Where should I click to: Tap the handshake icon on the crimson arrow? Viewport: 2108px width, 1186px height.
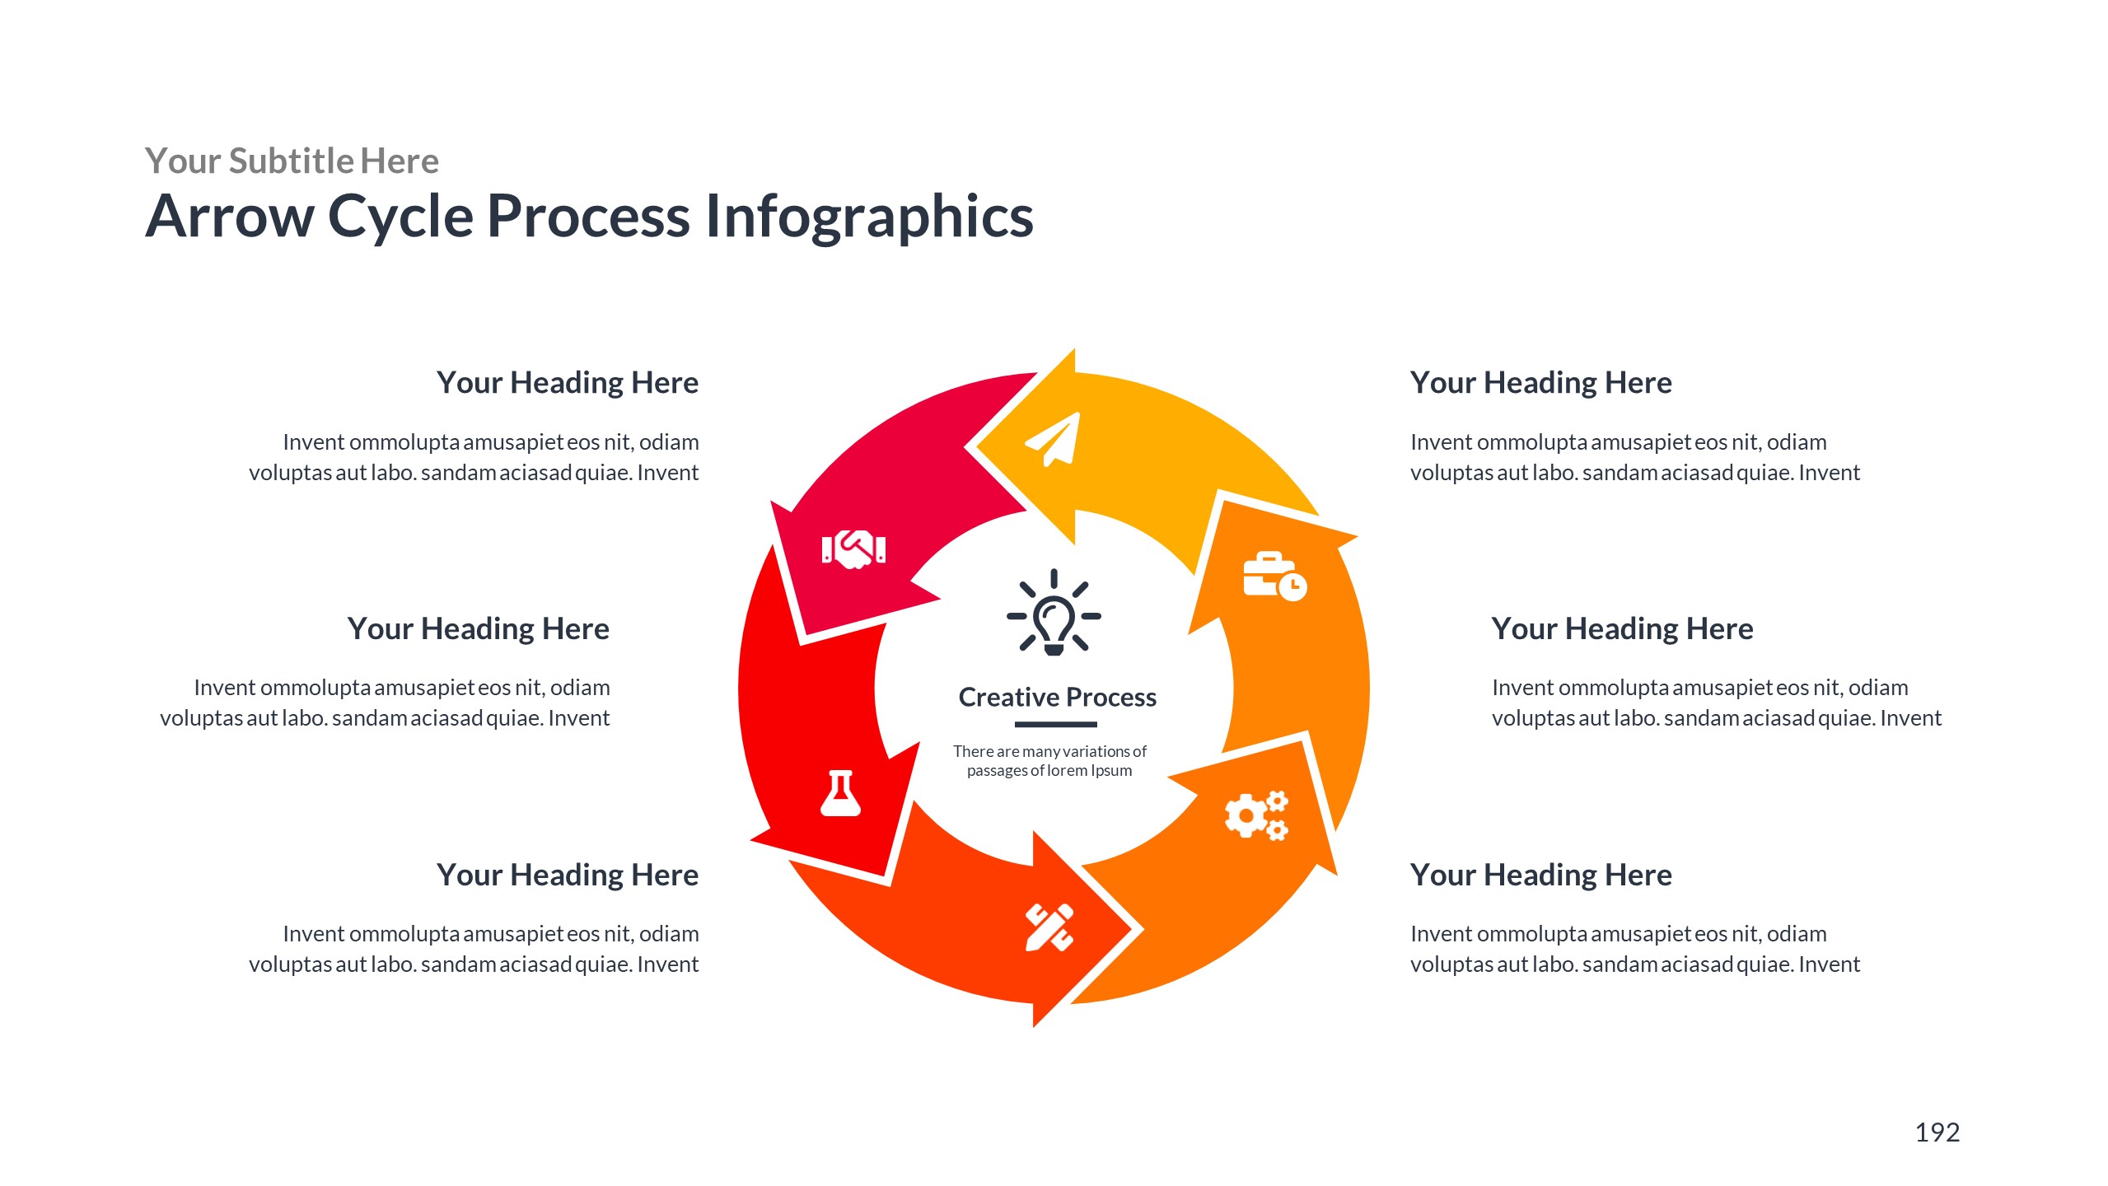[853, 548]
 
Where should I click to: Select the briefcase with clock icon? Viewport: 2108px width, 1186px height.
[1274, 576]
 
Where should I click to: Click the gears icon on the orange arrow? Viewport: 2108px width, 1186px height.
[1255, 815]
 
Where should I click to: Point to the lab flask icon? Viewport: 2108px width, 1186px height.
[840, 794]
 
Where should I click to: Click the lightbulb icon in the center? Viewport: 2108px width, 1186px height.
[1054, 614]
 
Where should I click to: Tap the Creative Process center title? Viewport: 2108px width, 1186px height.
[1057, 698]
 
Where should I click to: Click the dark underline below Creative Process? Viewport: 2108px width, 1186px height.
[1055, 725]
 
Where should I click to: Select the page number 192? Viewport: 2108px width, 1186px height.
[1937, 1132]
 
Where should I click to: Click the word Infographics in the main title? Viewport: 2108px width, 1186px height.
[869, 217]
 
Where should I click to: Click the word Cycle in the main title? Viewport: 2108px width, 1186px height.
[400, 217]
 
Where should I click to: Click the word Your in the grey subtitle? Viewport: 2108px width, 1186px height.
[183, 161]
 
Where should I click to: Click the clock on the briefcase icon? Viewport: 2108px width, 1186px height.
[1292, 586]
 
